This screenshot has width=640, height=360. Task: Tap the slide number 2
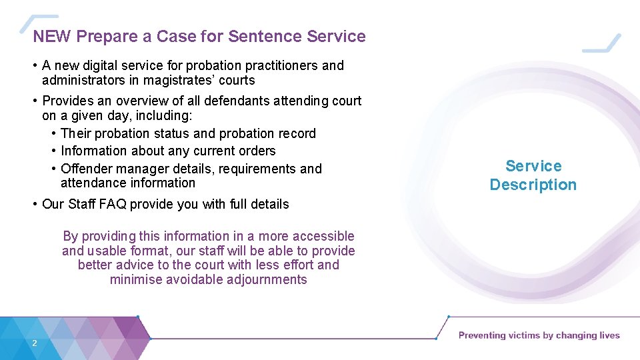click(x=34, y=343)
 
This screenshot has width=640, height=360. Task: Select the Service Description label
click(x=533, y=175)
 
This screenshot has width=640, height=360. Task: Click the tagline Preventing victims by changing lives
click(x=539, y=335)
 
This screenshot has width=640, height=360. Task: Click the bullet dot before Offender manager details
click(x=54, y=169)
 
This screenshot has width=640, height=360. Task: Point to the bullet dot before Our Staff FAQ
click(x=35, y=204)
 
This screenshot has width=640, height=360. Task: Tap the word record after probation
click(x=295, y=133)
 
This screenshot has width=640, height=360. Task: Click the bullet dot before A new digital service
click(x=35, y=65)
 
